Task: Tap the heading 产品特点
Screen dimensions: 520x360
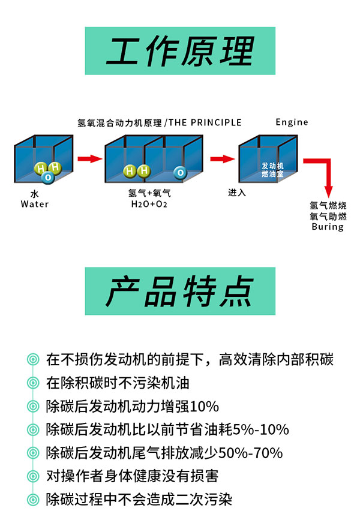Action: click(179, 291)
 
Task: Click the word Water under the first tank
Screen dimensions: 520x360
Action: click(35, 204)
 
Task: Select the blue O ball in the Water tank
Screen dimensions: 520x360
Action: click(47, 177)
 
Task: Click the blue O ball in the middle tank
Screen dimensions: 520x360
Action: click(179, 173)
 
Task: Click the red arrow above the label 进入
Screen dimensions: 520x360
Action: click(221, 159)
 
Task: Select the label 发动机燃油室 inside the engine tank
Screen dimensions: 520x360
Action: click(272, 169)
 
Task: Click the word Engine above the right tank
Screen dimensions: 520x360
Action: click(292, 122)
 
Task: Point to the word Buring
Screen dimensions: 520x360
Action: click(328, 227)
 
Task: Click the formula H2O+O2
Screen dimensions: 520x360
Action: click(149, 204)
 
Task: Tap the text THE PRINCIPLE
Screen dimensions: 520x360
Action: click(205, 122)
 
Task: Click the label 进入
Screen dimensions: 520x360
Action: click(237, 193)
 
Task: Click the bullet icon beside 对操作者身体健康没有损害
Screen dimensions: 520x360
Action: click(32, 476)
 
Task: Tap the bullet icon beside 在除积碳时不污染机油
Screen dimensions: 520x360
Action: click(32, 383)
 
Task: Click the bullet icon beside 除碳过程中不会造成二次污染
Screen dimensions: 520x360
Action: click(32, 500)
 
